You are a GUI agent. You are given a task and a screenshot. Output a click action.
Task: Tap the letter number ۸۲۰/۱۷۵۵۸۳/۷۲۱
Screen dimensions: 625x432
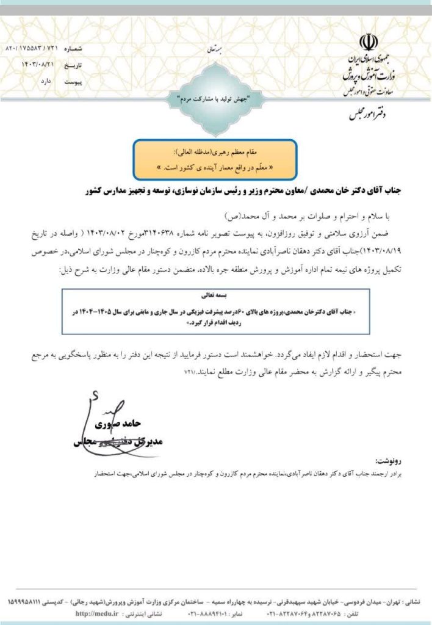[x=30, y=48]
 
